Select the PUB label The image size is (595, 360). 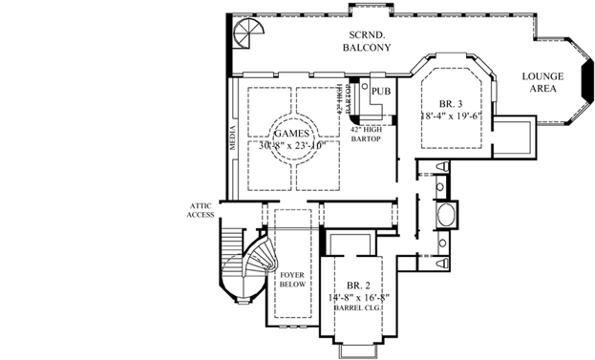tap(381, 92)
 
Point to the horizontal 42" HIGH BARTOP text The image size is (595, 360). tap(367, 135)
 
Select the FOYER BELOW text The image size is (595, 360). tap(291, 279)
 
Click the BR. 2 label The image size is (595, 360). tap(353, 286)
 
